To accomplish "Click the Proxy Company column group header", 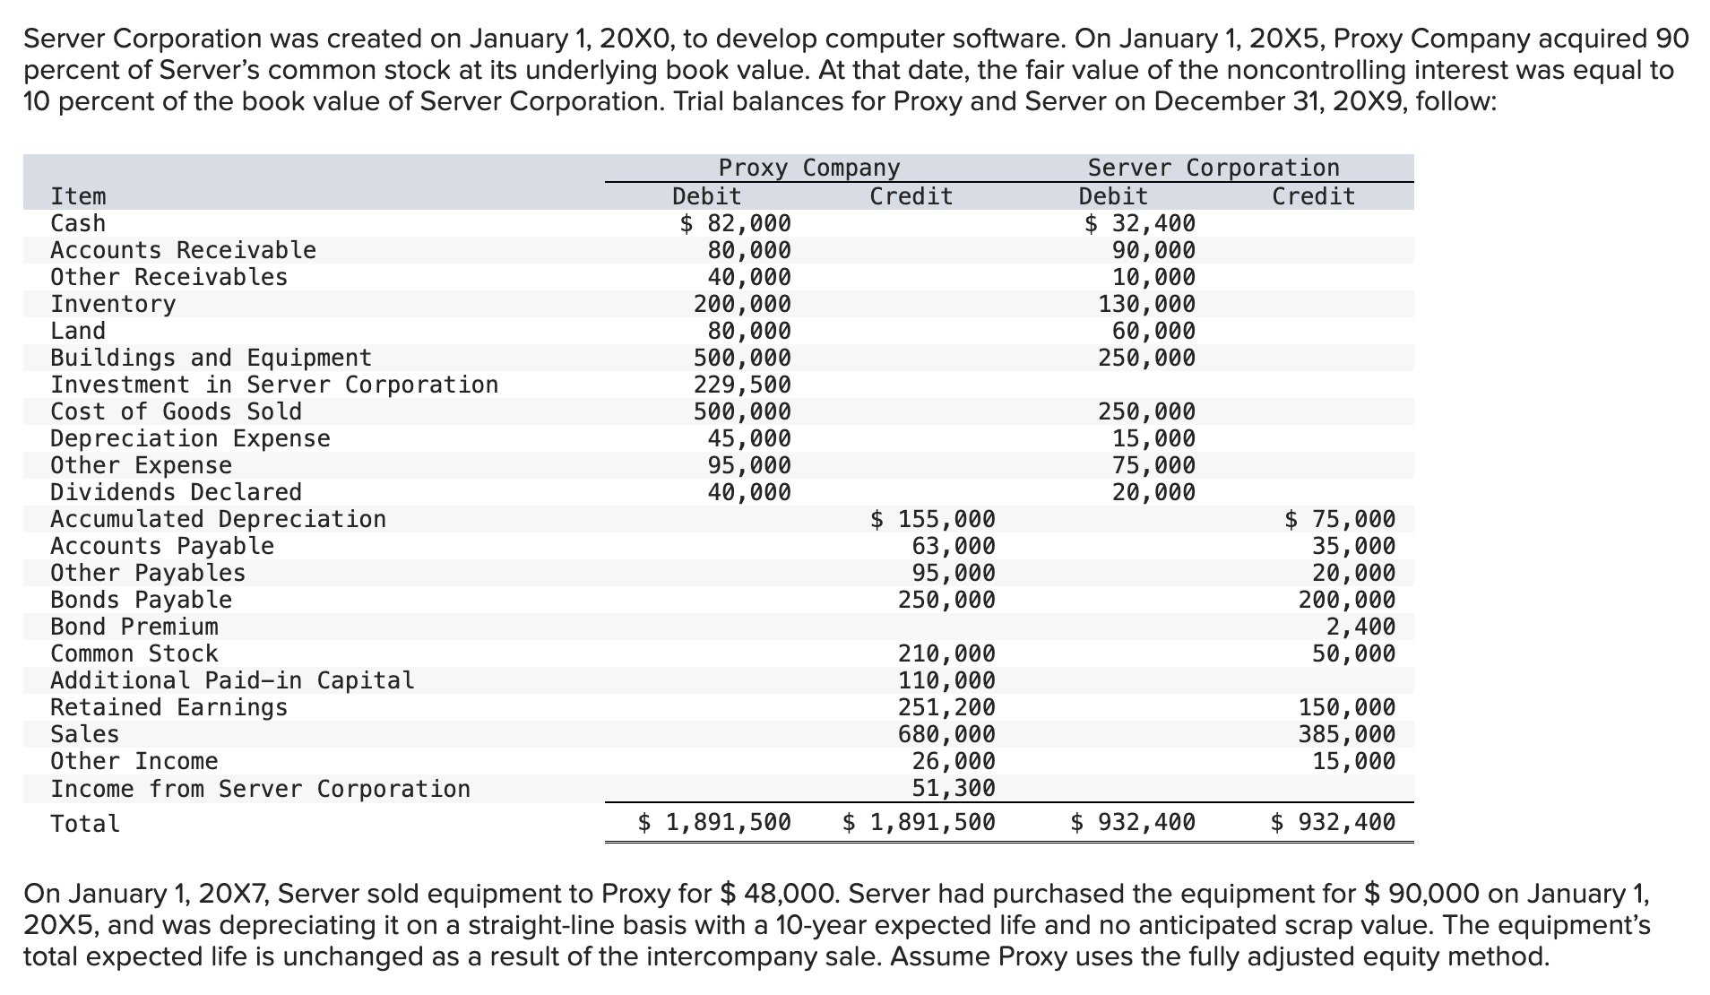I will [808, 168].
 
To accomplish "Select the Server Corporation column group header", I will [1213, 168].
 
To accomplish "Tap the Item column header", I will [78, 196].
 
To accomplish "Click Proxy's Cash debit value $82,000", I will [735, 223].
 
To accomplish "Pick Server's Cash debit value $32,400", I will [1139, 223].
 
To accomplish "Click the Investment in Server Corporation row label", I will [273, 385].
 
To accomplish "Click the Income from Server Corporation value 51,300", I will [954, 789].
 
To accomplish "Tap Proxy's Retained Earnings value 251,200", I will [946, 707].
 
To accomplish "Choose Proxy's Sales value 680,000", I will [946, 734].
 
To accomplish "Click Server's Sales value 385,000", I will [1347, 734].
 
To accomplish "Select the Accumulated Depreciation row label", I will [218, 519].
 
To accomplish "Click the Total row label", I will [85, 824].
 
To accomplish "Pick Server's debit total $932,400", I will [1133, 822].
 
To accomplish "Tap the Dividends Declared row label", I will [176, 492].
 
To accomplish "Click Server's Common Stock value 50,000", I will [1353, 653].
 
